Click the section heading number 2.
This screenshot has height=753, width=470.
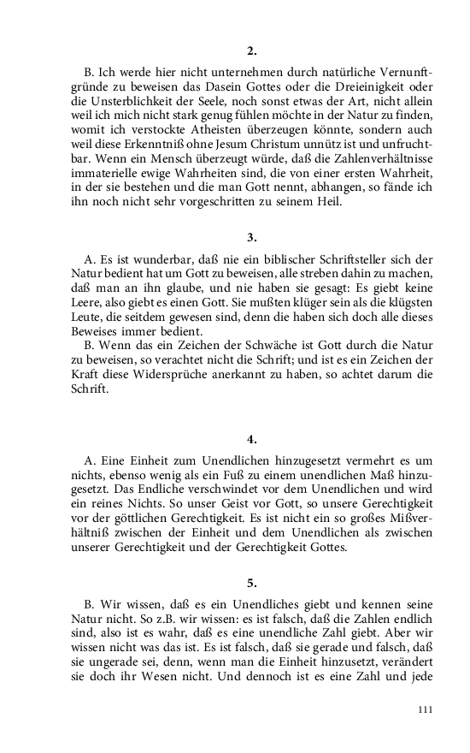(252, 50)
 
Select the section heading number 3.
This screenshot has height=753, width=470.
(252, 236)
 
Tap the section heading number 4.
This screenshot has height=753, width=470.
(252, 439)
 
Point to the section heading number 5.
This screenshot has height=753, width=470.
(252, 583)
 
